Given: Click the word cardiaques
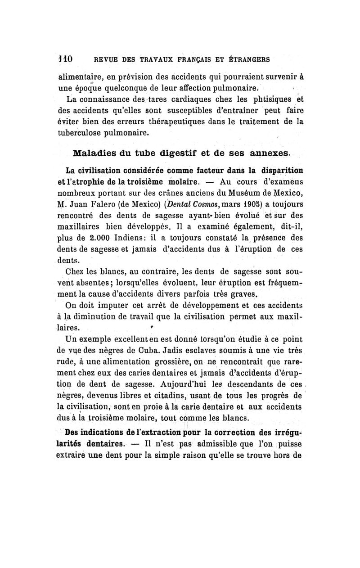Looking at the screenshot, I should coord(180,99).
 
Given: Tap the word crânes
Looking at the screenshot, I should coord(156,192).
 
